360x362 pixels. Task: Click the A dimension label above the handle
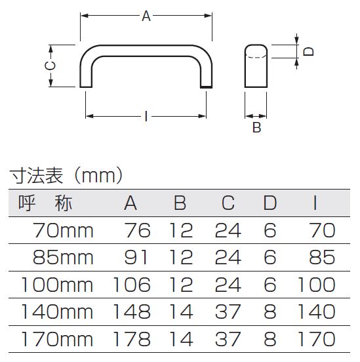click(x=146, y=16)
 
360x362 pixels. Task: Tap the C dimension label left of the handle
click(x=50, y=66)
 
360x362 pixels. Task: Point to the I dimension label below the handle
click(x=146, y=116)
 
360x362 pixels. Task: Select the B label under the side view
click(x=257, y=127)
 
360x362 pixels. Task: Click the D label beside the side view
click(x=308, y=51)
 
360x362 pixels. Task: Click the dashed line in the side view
click(x=256, y=56)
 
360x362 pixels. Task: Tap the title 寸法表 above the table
click(x=36, y=176)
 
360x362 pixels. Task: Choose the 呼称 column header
click(x=45, y=203)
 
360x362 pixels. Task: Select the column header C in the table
click(x=228, y=203)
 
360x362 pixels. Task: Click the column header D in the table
click(x=270, y=203)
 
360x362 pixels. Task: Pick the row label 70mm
click(x=63, y=230)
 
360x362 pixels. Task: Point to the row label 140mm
click(x=57, y=312)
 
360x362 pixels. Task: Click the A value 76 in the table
click(x=138, y=230)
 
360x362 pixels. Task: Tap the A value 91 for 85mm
click(x=136, y=258)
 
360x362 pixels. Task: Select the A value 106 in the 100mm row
click(x=132, y=285)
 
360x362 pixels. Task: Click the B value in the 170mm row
click(x=181, y=339)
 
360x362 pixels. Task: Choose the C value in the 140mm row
click(x=228, y=312)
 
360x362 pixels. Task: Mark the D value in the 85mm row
click(x=270, y=258)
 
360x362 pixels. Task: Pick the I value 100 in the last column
click(x=317, y=285)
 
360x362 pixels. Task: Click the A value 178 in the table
click(x=132, y=339)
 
